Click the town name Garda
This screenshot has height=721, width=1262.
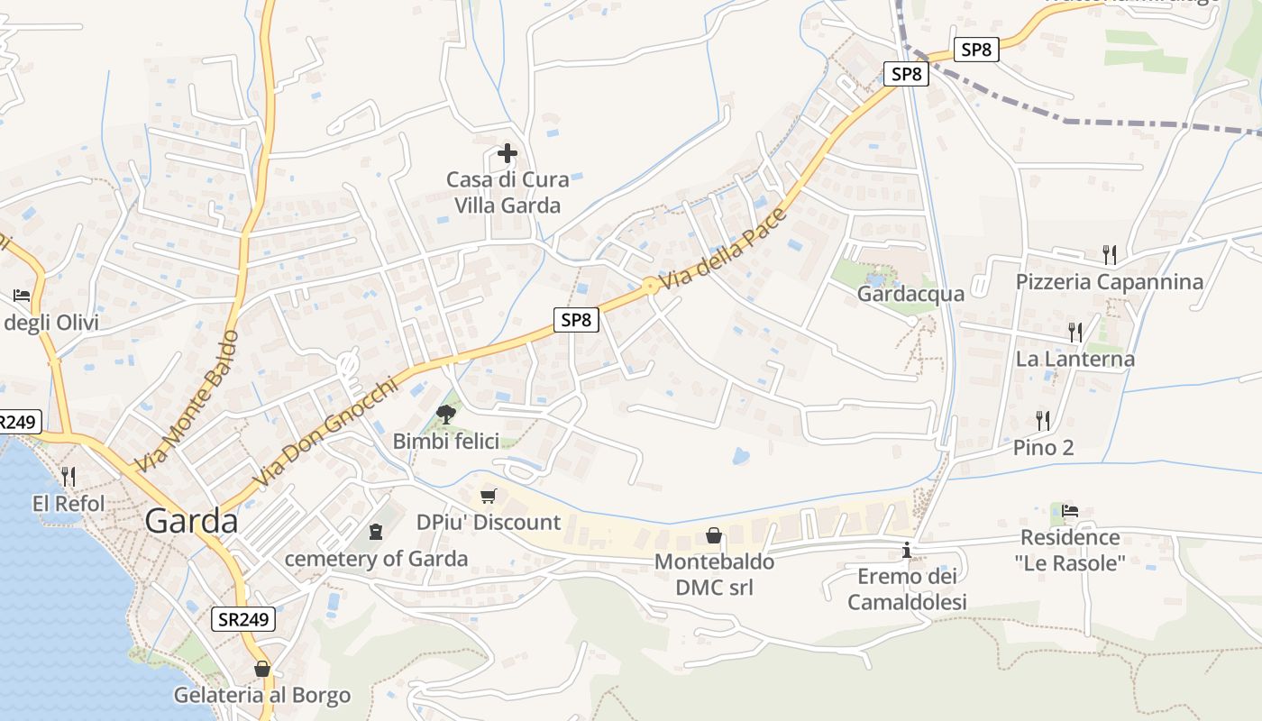click(x=191, y=522)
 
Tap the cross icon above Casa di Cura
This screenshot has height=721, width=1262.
click(x=508, y=153)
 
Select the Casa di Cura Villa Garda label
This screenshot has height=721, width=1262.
click(x=507, y=192)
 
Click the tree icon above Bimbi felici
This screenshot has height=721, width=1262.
click(x=445, y=415)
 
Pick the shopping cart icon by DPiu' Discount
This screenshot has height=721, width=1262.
click(x=489, y=496)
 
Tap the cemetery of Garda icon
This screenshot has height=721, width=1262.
click(x=376, y=532)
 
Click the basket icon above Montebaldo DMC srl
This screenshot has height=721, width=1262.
click(x=714, y=536)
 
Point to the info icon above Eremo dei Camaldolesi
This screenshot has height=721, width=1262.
click(x=907, y=550)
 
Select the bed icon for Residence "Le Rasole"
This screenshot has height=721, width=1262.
click(x=1070, y=511)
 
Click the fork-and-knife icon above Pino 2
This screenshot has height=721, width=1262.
click(x=1043, y=420)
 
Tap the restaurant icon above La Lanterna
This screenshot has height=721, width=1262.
click(x=1075, y=332)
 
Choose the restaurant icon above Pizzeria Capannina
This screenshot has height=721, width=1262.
click(x=1110, y=255)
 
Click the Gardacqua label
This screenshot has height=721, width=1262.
click(x=910, y=294)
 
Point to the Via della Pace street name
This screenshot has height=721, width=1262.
click(x=724, y=249)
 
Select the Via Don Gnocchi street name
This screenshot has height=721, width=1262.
click(x=325, y=434)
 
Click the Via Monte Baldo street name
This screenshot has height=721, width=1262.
click(x=188, y=401)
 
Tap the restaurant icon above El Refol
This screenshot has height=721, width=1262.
click(x=69, y=476)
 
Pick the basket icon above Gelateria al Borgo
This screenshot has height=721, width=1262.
click(x=262, y=669)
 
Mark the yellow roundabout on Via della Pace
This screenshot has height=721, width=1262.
click(x=649, y=287)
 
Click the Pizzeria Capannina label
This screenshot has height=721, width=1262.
click(x=1109, y=282)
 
